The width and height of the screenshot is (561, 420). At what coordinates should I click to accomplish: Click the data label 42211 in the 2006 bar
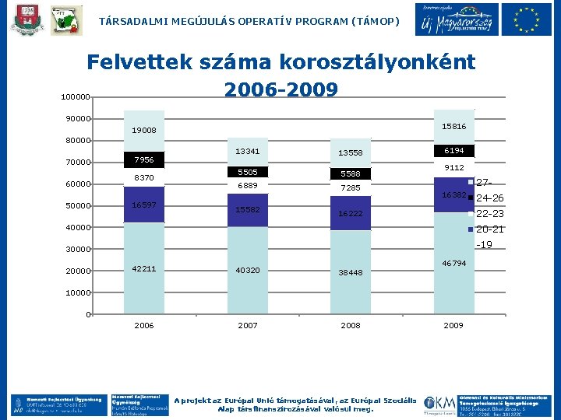144,269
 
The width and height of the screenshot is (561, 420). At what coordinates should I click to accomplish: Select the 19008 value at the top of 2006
144,131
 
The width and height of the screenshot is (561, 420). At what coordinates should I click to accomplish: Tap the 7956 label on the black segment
144,160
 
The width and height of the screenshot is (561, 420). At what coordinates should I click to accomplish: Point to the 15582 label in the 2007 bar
247,210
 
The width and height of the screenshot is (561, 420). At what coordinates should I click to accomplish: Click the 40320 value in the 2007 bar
247,271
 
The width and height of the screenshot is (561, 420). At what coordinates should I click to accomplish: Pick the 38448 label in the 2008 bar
350,273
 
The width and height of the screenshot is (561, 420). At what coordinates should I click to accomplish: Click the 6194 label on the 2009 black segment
453,151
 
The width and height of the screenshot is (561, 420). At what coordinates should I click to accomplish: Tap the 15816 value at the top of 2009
453,126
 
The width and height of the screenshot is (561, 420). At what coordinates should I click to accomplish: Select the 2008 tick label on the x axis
350,326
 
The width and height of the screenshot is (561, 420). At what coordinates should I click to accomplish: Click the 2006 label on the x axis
144,326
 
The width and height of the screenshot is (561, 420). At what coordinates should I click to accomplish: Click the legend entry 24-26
489,198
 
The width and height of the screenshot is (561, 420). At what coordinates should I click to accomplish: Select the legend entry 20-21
489,229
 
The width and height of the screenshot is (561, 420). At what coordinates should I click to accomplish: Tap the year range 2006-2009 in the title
280,89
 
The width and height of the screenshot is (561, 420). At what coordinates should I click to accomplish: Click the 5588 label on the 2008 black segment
350,174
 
